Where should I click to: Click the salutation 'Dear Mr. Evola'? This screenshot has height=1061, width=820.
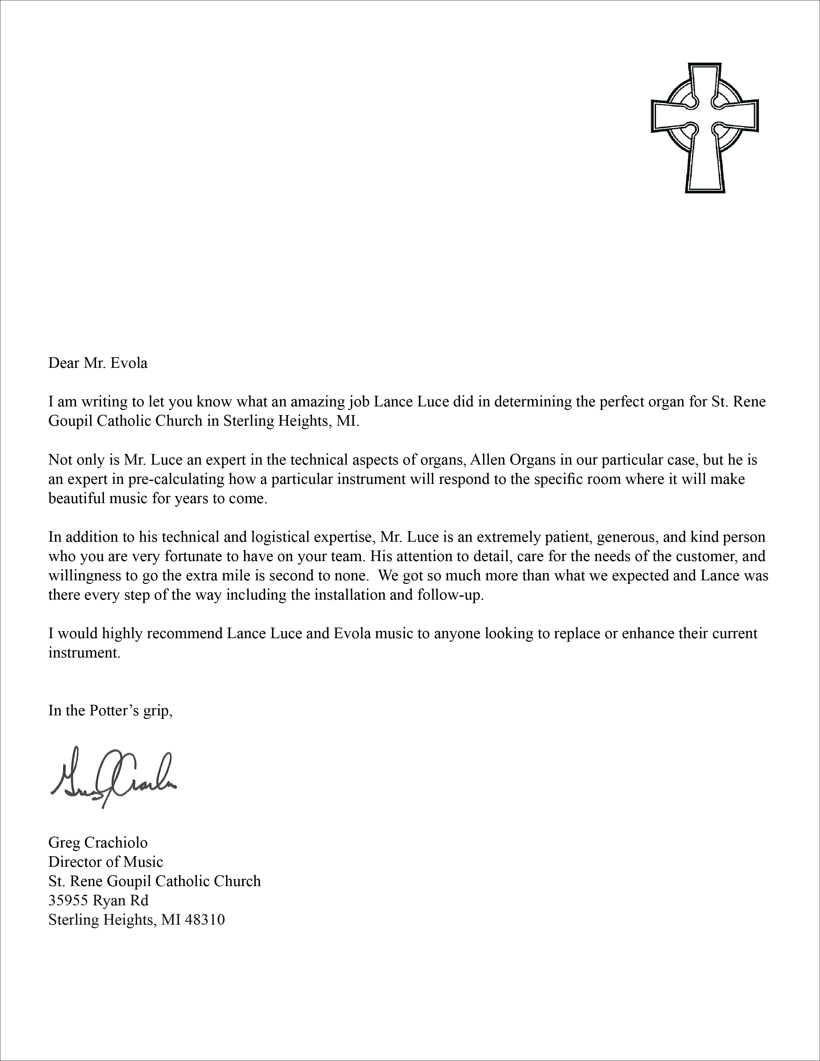pos(98,363)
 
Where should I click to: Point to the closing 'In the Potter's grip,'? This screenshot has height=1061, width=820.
pos(111,711)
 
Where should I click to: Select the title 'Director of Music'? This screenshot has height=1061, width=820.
pos(105,862)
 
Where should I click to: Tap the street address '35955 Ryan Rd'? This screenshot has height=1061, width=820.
pos(98,900)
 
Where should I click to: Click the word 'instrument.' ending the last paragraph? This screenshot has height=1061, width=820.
pos(84,653)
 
